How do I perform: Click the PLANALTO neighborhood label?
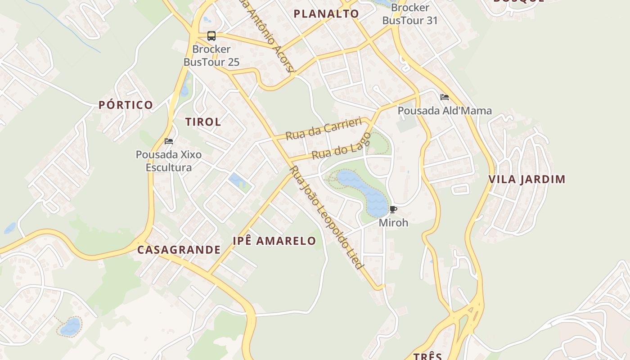(326, 14)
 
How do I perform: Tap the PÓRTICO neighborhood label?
(126, 105)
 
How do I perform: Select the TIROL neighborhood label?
(203, 122)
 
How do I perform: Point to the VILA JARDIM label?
(527, 180)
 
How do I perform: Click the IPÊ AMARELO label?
(274, 241)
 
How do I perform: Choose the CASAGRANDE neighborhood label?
(179, 250)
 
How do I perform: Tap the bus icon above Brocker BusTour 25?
(211, 36)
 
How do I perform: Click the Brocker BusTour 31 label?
(409, 14)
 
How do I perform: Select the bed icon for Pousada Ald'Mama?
(445, 97)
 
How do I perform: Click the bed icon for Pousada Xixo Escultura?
(169, 141)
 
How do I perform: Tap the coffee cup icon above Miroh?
(393, 209)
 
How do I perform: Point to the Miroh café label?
(393, 223)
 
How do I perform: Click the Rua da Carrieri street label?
(324, 128)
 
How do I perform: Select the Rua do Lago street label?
(341, 147)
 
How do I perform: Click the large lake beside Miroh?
(364, 191)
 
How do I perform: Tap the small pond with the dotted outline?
(70, 326)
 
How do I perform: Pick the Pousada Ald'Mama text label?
(445, 111)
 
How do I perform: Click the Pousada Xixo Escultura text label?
(169, 161)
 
